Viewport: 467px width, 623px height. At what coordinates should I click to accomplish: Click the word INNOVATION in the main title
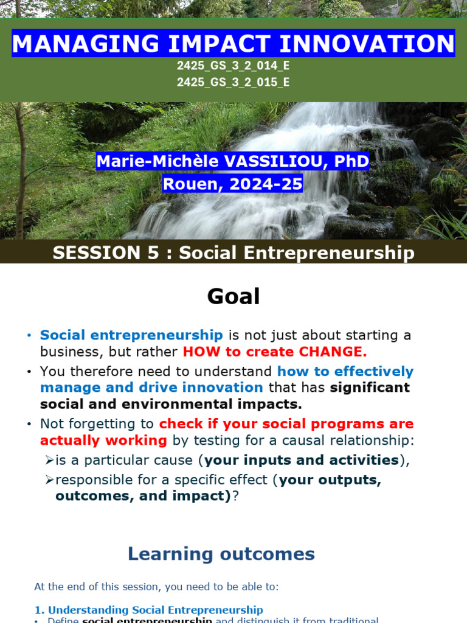[x=367, y=43]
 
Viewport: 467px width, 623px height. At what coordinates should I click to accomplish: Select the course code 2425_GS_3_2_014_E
[x=233, y=66]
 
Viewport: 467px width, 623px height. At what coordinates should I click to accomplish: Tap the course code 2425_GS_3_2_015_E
[x=233, y=82]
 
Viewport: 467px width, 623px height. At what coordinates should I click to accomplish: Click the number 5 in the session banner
[x=153, y=252]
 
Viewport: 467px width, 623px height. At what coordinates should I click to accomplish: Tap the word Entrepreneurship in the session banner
[x=329, y=253]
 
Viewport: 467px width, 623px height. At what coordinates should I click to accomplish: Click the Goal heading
[x=233, y=296]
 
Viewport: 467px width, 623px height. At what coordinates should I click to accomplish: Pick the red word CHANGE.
[x=333, y=352]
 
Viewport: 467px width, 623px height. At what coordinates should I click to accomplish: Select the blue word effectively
[x=374, y=372]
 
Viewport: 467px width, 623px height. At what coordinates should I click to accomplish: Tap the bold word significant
[x=370, y=388]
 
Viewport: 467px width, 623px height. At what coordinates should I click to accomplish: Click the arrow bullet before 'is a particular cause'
[x=49, y=460]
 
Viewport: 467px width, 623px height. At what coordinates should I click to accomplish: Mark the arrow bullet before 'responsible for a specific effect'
[x=49, y=480]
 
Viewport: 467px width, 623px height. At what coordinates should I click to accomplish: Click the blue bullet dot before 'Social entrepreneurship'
[x=29, y=336]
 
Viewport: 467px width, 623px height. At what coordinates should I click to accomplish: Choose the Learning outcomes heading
[x=221, y=554]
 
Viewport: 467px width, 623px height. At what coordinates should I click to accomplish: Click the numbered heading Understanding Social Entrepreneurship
[x=155, y=610]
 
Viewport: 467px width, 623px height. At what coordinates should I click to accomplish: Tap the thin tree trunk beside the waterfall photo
[x=20, y=171]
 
